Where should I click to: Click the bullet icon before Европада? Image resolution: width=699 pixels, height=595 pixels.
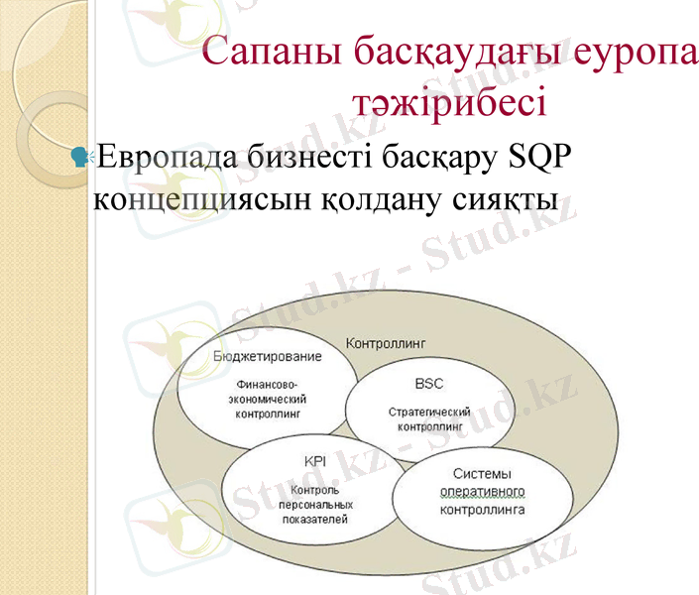80,155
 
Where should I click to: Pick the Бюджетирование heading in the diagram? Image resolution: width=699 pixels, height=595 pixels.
268,356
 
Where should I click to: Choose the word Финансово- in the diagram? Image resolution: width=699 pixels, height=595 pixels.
268,383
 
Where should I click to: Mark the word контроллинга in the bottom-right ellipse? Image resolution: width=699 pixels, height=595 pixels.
482,510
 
